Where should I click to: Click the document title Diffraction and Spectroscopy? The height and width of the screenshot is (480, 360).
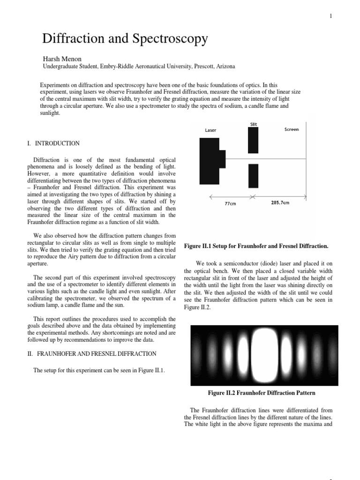click(x=125, y=39)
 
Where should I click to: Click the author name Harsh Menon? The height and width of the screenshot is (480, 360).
click(x=63, y=59)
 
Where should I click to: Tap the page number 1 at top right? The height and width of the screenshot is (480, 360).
click(x=331, y=16)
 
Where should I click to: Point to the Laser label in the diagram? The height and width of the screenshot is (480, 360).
click(x=210, y=130)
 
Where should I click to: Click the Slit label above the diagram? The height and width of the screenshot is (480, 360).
click(x=254, y=124)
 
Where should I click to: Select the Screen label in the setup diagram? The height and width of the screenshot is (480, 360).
click(x=292, y=129)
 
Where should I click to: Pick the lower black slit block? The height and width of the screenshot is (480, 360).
click(x=253, y=176)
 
